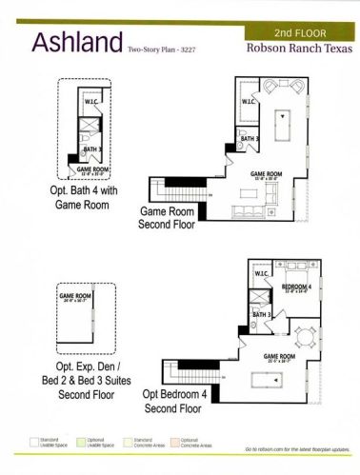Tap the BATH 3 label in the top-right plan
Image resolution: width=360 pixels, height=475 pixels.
coord(250,139)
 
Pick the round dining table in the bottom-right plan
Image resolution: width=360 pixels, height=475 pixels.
coord(304,335)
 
